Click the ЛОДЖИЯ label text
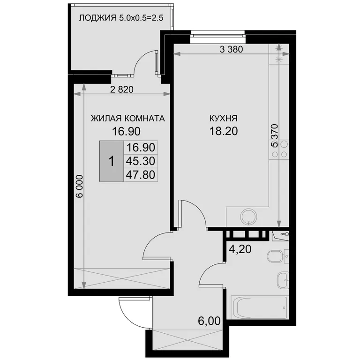pyautogui.click(x=98, y=18)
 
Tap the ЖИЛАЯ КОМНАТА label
pyautogui.click(x=128, y=119)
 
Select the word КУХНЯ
pyautogui.click(x=224, y=119)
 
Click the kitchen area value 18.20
pyautogui.click(x=224, y=131)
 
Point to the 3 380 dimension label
pyautogui.click(x=231, y=49)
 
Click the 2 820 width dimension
pyautogui.click(x=122, y=90)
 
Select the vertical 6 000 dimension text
pyautogui.click(x=79, y=186)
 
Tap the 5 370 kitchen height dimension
pyautogui.click(x=274, y=135)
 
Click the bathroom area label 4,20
pyautogui.click(x=240, y=249)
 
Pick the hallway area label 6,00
pyautogui.click(x=209, y=321)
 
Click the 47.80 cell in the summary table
pyautogui.click(x=141, y=175)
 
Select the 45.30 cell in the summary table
pyautogui.click(x=141, y=161)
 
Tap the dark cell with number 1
pyautogui.click(x=112, y=161)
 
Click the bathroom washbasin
pyautogui.click(x=283, y=281)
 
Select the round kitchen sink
pyautogui.click(x=248, y=217)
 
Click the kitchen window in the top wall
pyautogui.click(x=218, y=36)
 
